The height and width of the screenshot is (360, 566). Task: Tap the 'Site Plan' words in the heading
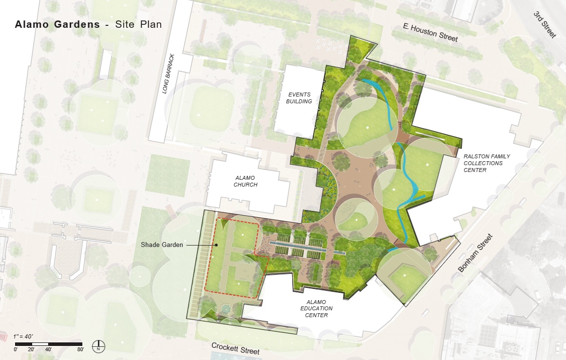(x=138, y=24)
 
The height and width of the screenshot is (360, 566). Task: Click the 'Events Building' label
(x=299, y=98)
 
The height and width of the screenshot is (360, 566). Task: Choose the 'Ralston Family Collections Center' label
(x=480, y=163)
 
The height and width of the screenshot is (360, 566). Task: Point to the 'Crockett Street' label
(x=235, y=348)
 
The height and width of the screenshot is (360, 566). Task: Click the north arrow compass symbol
(x=99, y=346)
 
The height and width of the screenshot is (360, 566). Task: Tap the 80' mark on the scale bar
(x=80, y=349)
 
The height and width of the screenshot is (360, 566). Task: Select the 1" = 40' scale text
(x=23, y=337)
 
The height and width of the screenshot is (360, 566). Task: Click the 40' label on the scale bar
(x=48, y=349)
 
